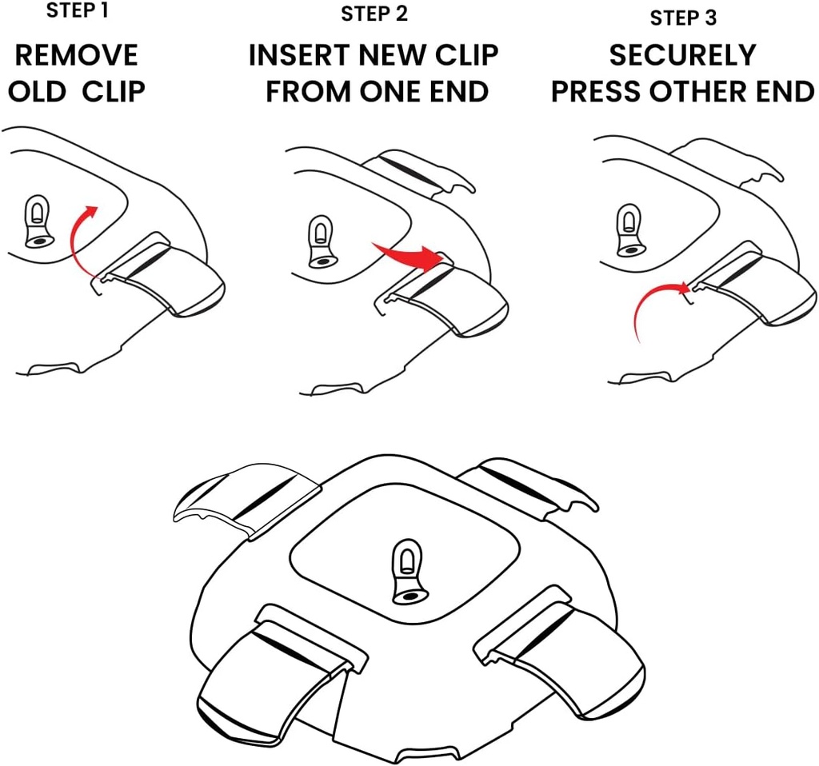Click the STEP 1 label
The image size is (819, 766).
click(x=77, y=11)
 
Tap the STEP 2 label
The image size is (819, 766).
click(x=374, y=14)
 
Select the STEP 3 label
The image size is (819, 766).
click(x=682, y=18)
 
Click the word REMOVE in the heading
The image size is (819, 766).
click(x=77, y=55)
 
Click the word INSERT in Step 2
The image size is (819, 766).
click(x=299, y=55)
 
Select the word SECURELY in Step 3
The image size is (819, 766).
click(x=682, y=55)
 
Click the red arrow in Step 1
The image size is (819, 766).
click(x=78, y=240)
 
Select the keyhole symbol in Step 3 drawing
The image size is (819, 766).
click(x=629, y=230)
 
